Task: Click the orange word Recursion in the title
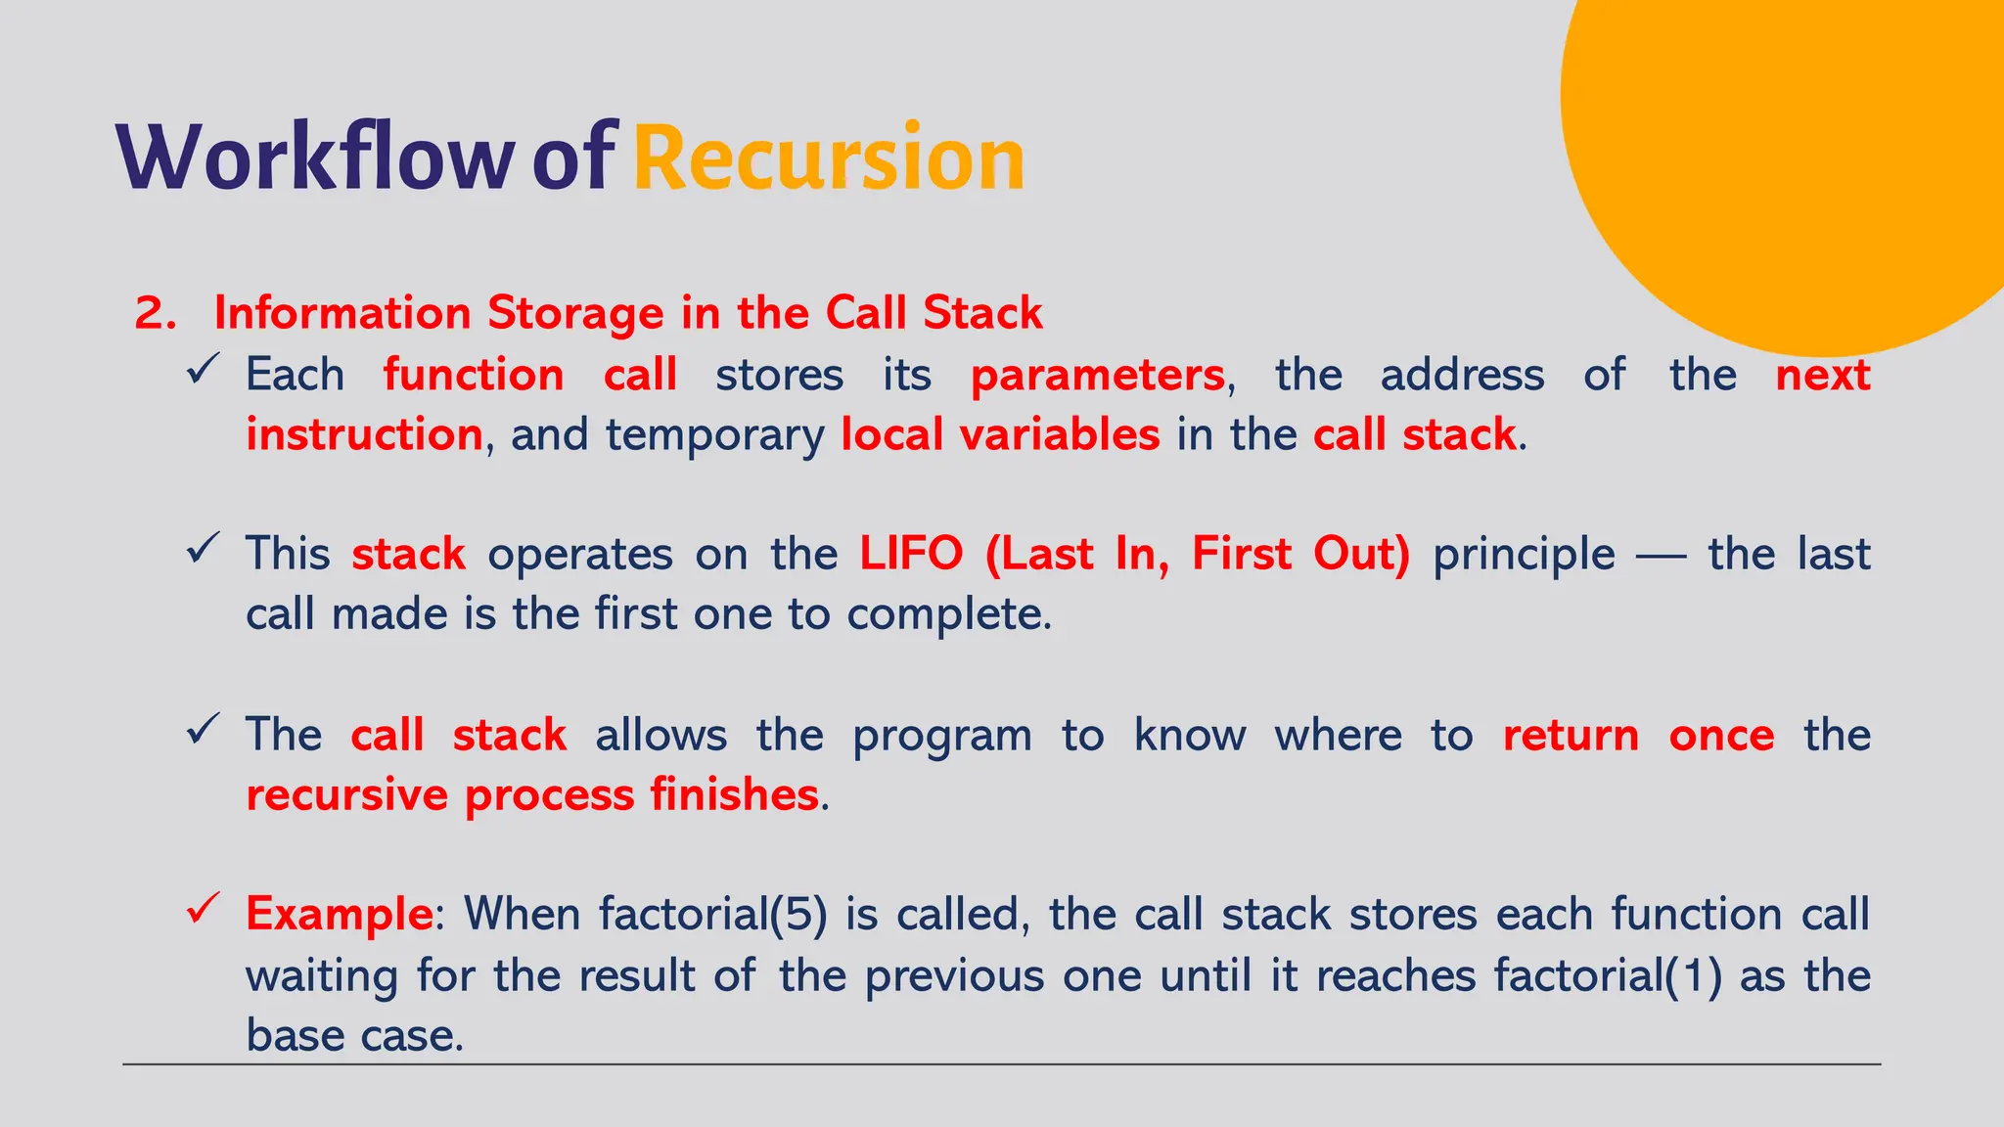tap(828, 157)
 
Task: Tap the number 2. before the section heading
tap(155, 313)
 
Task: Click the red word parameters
tap(1097, 376)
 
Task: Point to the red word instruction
tap(364, 434)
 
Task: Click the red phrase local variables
tap(1000, 434)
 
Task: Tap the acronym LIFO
tap(911, 554)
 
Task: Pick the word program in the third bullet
tap(941, 736)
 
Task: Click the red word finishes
tap(734, 794)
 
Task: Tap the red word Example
tap(339, 914)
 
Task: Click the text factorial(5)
tap(713, 914)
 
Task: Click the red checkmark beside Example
tap(203, 909)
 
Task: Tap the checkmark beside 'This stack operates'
tap(203, 549)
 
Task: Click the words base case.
tap(353, 1035)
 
